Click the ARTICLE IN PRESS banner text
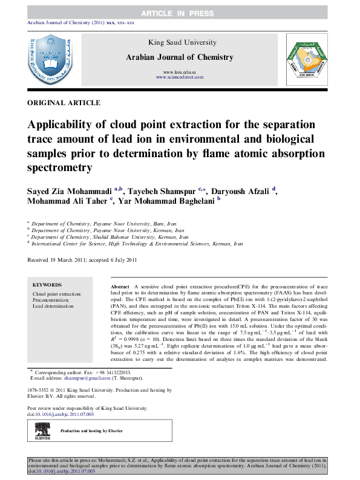tap(180, 13)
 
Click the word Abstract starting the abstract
tap(119, 284)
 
